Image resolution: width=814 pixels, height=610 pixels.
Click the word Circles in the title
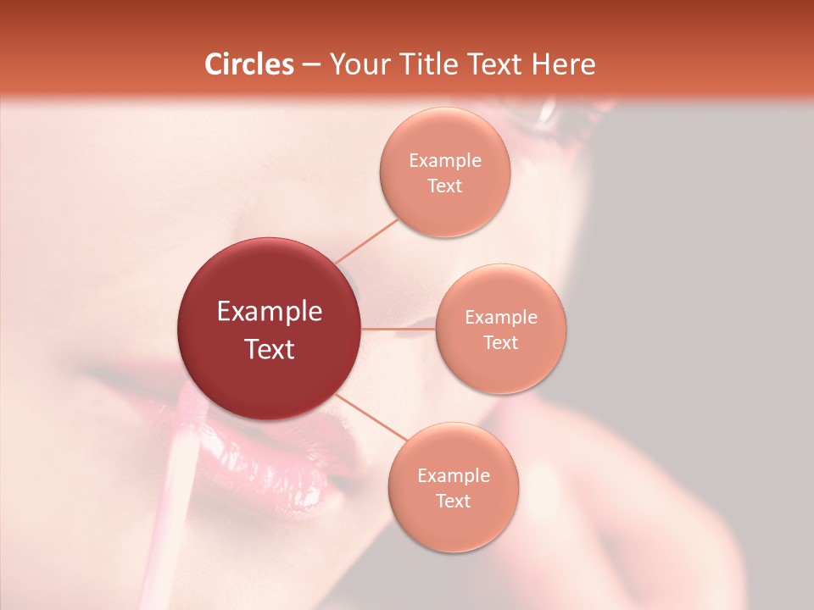click(249, 64)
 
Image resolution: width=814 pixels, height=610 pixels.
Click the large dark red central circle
click(269, 280)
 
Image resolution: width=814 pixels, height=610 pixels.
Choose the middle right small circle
click(501, 364)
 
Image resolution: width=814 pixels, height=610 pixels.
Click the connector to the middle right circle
click(398, 329)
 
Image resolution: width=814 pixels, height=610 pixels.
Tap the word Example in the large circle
click(270, 312)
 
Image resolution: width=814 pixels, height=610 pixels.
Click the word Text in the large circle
click(270, 349)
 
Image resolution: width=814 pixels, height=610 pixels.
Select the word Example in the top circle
click(445, 161)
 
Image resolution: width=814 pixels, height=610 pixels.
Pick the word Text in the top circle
click(445, 186)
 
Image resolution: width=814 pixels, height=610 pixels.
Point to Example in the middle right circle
click(501, 318)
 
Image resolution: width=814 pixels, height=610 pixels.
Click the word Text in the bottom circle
click(454, 502)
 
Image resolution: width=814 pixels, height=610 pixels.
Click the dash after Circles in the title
click(310, 65)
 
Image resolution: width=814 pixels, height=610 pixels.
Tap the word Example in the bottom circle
click(454, 476)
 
